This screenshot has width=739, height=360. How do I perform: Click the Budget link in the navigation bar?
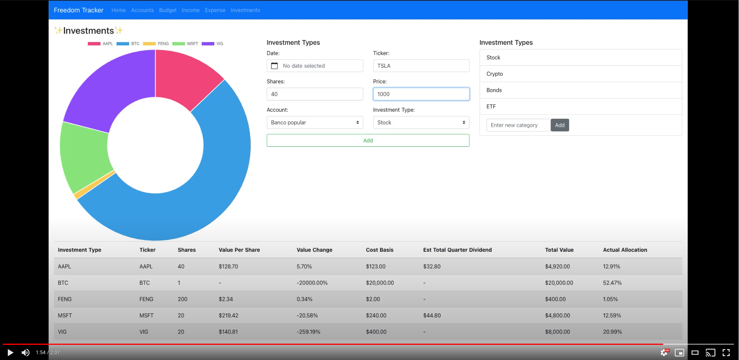pyautogui.click(x=168, y=10)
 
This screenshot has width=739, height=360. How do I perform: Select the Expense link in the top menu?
pyautogui.click(x=215, y=10)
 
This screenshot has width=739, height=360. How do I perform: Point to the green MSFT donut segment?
pyautogui.click(x=84, y=156)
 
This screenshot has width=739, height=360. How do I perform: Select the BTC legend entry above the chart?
pyautogui.click(x=128, y=44)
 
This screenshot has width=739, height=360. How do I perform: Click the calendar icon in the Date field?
pyautogui.click(x=274, y=66)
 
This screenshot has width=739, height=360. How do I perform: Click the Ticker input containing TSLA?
pyautogui.click(x=421, y=66)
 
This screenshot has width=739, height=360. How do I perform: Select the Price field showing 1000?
pyautogui.click(x=421, y=94)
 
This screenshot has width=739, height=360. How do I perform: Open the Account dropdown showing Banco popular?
pyautogui.click(x=315, y=123)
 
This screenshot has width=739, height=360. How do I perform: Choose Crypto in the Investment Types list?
pyautogui.click(x=495, y=74)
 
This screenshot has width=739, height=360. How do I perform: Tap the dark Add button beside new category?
pyautogui.click(x=560, y=125)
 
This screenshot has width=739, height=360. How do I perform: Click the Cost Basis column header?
pyautogui.click(x=379, y=250)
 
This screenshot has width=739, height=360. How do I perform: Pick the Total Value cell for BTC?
pyautogui.click(x=559, y=283)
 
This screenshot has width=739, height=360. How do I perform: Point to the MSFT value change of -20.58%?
pyautogui.click(x=307, y=316)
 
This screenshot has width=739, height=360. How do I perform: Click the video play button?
pyautogui.click(x=10, y=353)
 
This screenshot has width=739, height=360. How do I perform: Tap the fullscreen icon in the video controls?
pyautogui.click(x=726, y=353)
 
